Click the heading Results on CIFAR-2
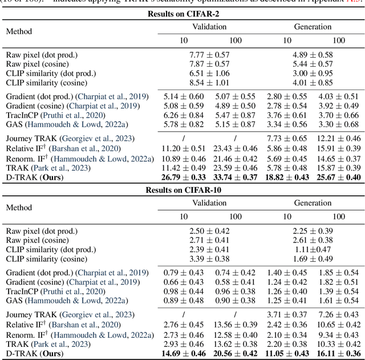[183, 14]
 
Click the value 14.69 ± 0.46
[184, 353]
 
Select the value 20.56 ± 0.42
[235, 353]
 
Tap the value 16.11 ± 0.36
[338, 353]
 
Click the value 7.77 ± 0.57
[209, 55]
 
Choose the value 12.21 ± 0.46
[338, 139]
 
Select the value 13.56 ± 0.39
[235, 324]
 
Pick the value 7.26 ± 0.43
[338, 314]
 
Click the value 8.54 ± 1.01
[209, 82]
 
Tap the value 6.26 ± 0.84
[184, 115]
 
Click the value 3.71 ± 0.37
[286, 314]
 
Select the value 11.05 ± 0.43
[286, 353]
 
